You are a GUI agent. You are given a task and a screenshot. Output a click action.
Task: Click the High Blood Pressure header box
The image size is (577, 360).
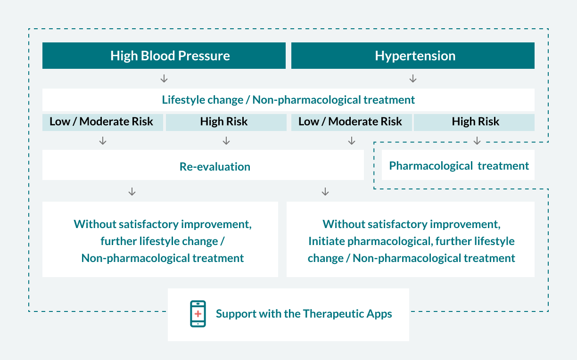164,56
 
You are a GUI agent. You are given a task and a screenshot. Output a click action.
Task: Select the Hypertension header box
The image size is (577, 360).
412,56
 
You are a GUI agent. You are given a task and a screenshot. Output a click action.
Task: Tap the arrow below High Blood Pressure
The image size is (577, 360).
164,79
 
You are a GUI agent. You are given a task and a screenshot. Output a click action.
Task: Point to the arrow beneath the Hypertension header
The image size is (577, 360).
413,79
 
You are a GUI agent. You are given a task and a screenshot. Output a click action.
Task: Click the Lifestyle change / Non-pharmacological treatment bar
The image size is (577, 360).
288,100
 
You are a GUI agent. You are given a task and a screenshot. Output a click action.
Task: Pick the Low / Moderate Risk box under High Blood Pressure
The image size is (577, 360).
102,123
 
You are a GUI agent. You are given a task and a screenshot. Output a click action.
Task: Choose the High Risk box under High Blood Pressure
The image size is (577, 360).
226,123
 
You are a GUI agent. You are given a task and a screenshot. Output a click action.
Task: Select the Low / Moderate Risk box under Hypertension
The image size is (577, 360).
351,123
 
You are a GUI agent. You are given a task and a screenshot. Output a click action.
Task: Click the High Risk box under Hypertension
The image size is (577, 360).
474,123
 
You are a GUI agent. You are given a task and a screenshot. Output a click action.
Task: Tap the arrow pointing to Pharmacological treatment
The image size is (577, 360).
477,140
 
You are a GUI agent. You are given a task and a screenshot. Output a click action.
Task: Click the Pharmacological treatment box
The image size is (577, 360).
458,165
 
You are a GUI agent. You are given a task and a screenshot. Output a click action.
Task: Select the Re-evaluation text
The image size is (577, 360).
215,167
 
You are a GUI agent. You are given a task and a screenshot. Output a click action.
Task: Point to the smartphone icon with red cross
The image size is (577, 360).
198,314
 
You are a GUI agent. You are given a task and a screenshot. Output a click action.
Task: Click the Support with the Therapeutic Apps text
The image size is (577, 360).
304,314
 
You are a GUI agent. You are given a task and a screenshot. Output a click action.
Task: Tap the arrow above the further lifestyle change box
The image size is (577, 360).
132,192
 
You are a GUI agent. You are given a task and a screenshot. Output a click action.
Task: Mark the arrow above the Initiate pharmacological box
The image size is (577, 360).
325,192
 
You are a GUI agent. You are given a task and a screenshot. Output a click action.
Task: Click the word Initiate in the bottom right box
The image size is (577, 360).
326,241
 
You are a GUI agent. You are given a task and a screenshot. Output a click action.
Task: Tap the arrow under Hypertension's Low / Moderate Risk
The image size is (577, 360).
352,140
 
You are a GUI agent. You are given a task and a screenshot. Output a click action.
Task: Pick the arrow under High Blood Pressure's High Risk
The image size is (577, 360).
226,140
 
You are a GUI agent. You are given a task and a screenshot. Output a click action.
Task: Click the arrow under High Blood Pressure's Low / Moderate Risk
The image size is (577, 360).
103,140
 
